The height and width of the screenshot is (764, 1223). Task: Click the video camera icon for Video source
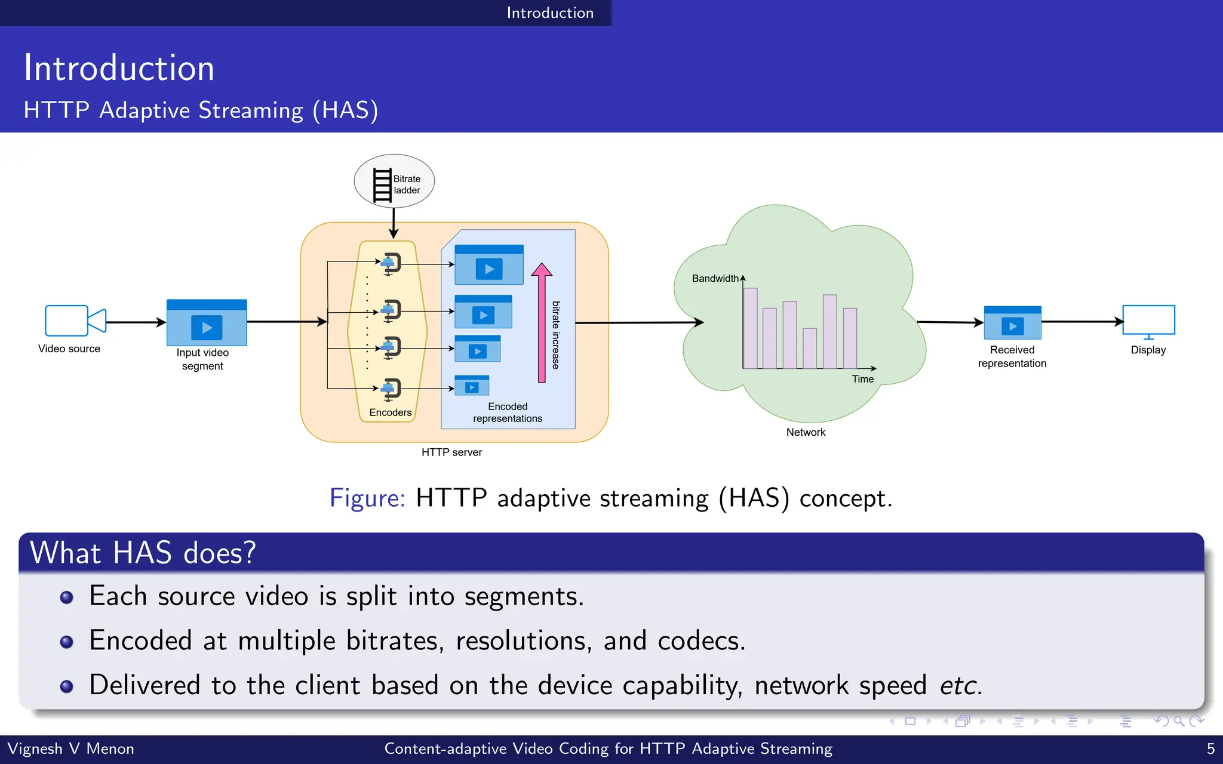(75, 321)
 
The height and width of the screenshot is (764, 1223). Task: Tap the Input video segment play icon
(207, 327)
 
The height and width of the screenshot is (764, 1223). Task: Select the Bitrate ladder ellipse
(394, 181)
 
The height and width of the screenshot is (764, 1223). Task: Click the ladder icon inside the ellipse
(382, 186)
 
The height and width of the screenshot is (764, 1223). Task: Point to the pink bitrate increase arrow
(542, 323)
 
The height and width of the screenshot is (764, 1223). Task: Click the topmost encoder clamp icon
(391, 263)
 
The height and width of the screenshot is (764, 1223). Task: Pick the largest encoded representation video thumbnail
(489, 265)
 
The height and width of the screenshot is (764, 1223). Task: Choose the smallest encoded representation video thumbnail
(472, 386)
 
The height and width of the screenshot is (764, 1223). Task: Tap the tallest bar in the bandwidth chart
(829, 331)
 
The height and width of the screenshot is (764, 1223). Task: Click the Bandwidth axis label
(715, 279)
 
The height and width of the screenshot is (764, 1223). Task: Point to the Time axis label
(862, 379)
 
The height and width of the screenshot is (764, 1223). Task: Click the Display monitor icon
(1148, 321)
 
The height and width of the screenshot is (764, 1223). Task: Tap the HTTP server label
(451, 452)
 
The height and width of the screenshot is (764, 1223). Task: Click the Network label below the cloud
(806, 432)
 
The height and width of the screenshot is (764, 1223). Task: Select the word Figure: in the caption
(367, 498)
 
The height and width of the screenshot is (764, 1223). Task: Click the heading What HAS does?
(143, 553)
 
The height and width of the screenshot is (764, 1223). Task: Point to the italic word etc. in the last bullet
(960, 685)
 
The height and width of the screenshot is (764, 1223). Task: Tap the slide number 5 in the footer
(1210, 748)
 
